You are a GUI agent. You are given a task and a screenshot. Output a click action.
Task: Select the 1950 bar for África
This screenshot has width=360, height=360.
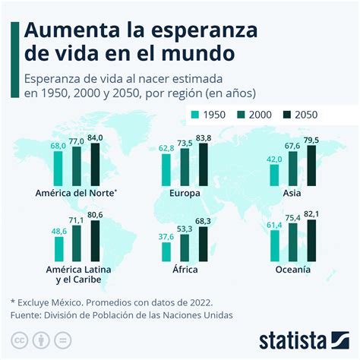pyautogui.click(x=166, y=251)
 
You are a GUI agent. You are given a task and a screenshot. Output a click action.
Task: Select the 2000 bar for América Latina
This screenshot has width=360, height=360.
pyautogui.click(x=77, y=245)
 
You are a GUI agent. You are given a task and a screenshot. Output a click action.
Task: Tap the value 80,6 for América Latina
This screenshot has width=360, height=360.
pyautogui.click(x=94, y=215)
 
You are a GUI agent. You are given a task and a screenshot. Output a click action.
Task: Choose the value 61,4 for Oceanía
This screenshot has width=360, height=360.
pyautogui.click(x=273, y=226)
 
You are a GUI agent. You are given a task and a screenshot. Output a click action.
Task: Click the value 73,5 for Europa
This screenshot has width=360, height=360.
pyautogui.click(x=185, y=143)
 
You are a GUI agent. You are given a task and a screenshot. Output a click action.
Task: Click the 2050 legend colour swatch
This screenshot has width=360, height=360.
pyautogui.click(x=286, y=115)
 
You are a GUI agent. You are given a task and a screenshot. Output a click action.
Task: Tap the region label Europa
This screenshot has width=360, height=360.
pyautogui.click(x=184, y=194)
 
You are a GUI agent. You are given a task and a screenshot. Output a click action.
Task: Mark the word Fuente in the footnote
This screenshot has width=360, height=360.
pyautogui.click(x=28, y=314)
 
